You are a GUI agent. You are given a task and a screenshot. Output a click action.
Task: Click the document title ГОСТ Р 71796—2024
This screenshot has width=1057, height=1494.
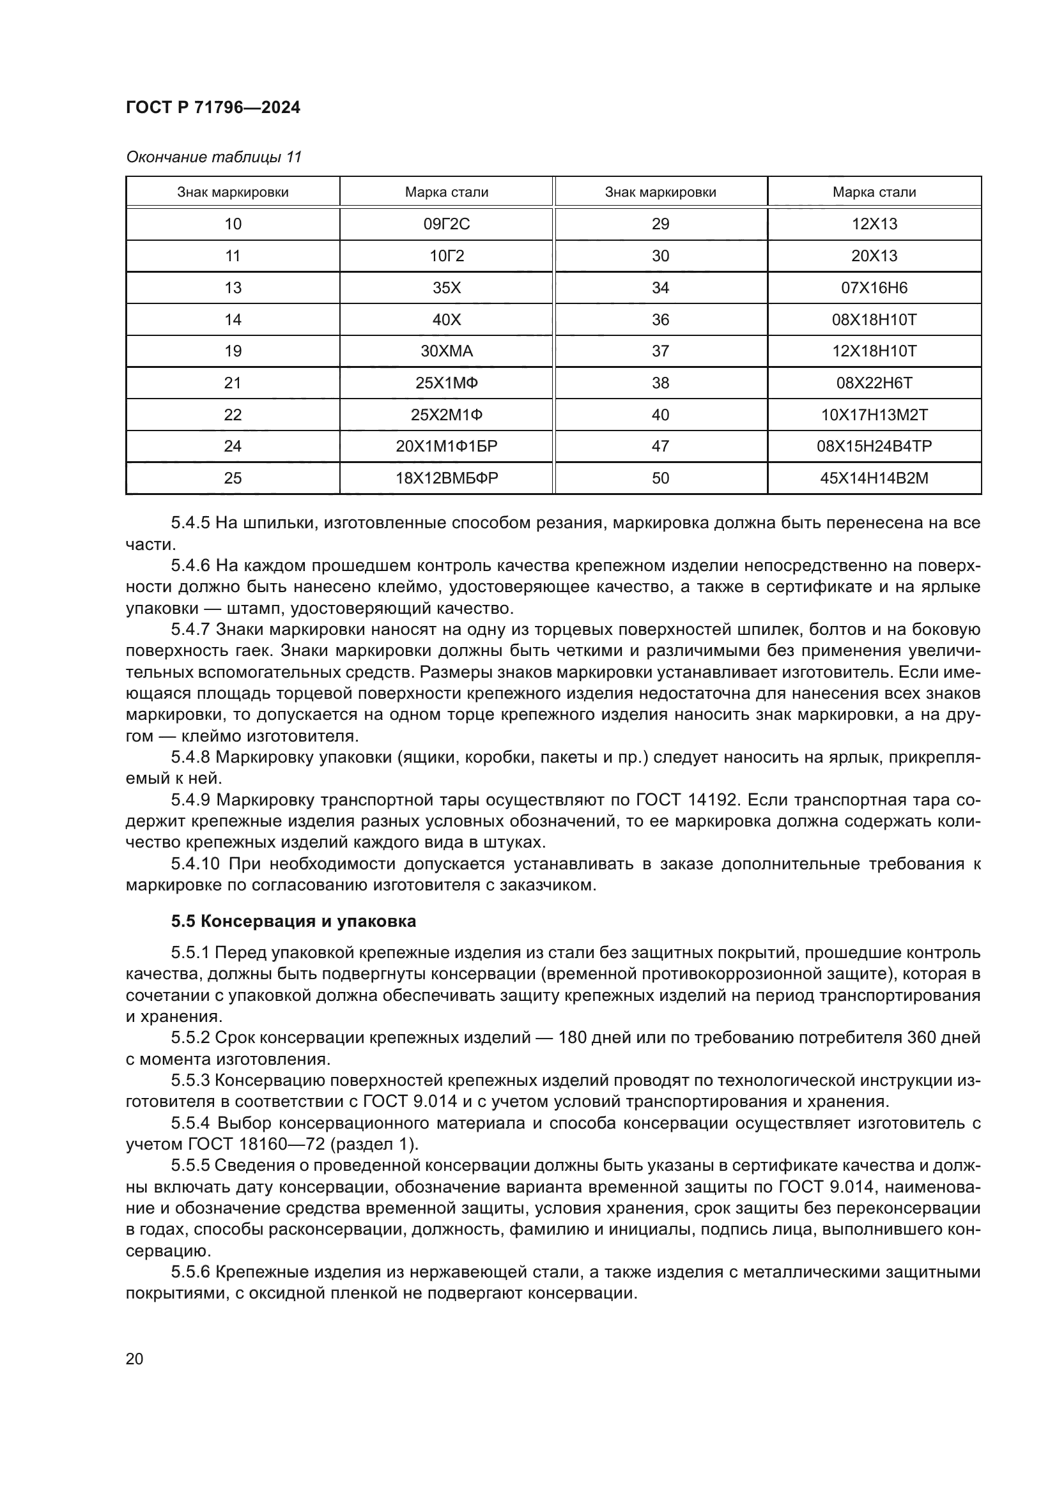pyautogui.click(x=213, y=107)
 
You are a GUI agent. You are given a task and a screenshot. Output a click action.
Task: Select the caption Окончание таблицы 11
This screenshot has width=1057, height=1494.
pyautogui.click(x=213, y=157)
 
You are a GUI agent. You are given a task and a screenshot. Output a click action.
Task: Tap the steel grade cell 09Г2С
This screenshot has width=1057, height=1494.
pyautogui.click(x=446, y=224)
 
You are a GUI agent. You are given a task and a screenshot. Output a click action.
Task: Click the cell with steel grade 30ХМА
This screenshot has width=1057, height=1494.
pyautogui.click(x=446, y=351)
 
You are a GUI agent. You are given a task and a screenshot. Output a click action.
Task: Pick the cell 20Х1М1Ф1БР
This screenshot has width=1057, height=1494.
pyautogui.click(x=446, y=446)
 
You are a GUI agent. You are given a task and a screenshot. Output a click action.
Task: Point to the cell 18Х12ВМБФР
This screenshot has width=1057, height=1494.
pyautogui.click(x=446, y=478)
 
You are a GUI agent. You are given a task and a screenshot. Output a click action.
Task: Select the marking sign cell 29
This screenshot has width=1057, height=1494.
pyautogui.click(x=660, y=224)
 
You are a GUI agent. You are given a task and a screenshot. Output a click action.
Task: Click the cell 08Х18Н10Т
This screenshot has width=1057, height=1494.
pyautogui.click(x=874, y=319)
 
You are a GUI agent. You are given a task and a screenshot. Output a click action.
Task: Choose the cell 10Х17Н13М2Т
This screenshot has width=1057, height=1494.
pyautogui.click(x=874, y=415)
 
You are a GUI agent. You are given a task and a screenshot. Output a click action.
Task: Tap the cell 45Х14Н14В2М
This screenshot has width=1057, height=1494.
pyautogui.click(x=874, y=478)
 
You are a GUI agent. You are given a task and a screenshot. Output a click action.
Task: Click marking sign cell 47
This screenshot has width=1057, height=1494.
pyautogui.click(x=660, y=446)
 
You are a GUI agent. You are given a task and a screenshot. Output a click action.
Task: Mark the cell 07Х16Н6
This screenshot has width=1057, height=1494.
pyautogui.click(x=874, y=287)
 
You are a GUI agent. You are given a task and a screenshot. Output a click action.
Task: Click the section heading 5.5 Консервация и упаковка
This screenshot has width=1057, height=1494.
pyautogui.click(x=293, y=922)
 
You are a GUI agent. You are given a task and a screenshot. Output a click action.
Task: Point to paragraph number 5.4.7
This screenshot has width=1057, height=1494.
pyautogui.click(x=190, y=629)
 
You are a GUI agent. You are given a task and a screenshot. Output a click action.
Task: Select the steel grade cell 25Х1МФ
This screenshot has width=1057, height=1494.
pyautogui.click(x=446, y=383)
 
